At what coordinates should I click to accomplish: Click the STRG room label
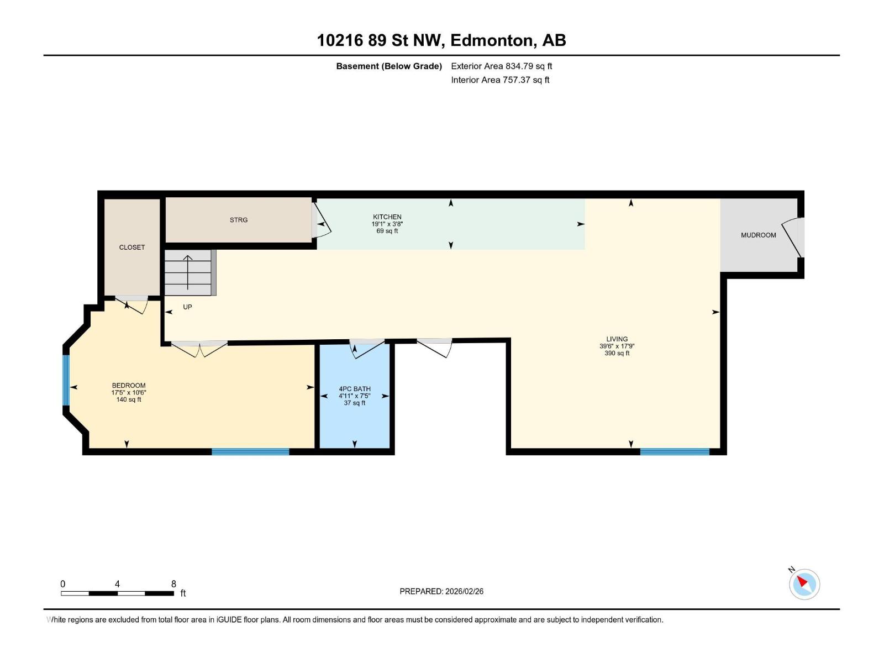click(x=239, y=220)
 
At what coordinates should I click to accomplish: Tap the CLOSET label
click(x=132, y=248)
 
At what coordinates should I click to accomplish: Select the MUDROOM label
click(x=758, y=235)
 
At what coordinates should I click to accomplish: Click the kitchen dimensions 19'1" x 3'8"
click(x=387, y=224)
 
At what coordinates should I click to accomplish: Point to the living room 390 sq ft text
click(x=617, y=354)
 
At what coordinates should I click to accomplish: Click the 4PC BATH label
click(x=354, y=389)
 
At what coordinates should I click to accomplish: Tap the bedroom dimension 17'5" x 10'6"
click(x=129, y=393)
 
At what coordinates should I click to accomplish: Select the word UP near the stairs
click(x=188, y=307)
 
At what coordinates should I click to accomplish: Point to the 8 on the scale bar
click(x=173, y=584)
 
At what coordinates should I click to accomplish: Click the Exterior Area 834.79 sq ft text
click(x=501, y=66)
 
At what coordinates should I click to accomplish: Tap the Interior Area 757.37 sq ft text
click(x=500, y=80)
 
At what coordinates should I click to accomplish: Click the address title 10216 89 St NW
click(x=381, y=40)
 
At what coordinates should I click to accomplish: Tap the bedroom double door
click(x=199, y=348)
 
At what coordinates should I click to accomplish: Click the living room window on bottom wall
click(x=674, y=452)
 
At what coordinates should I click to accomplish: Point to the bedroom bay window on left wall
click(x=66, y=380)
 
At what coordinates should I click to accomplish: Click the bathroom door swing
click(x=367, y=348)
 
